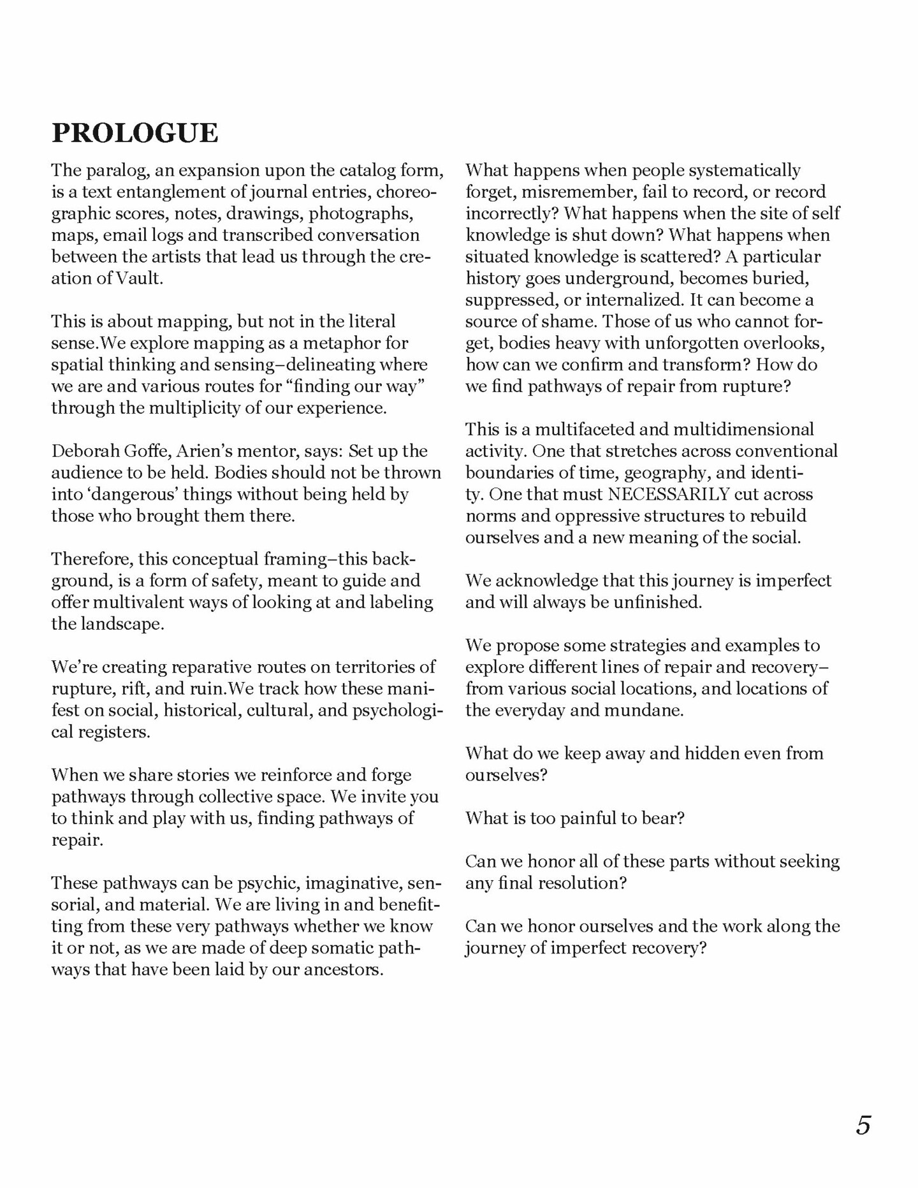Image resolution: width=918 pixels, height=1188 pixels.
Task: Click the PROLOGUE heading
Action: click(x=135, y=133)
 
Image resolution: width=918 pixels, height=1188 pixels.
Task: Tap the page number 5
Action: click(x=863, y=1125)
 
